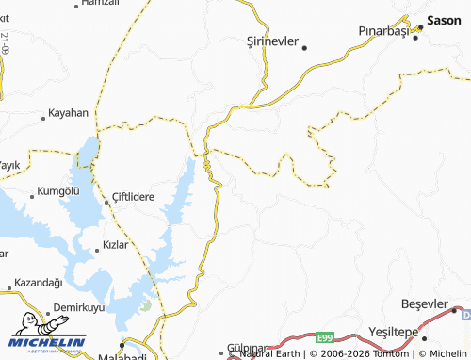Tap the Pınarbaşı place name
[x=385, y=31]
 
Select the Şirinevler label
[x=271, y=41]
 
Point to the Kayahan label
[x=69, y=113]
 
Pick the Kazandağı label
[x=39, y=283]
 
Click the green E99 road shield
[x=326, y=337]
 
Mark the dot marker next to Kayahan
[x=44, y=119]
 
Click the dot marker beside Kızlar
[x=96, y=251]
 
